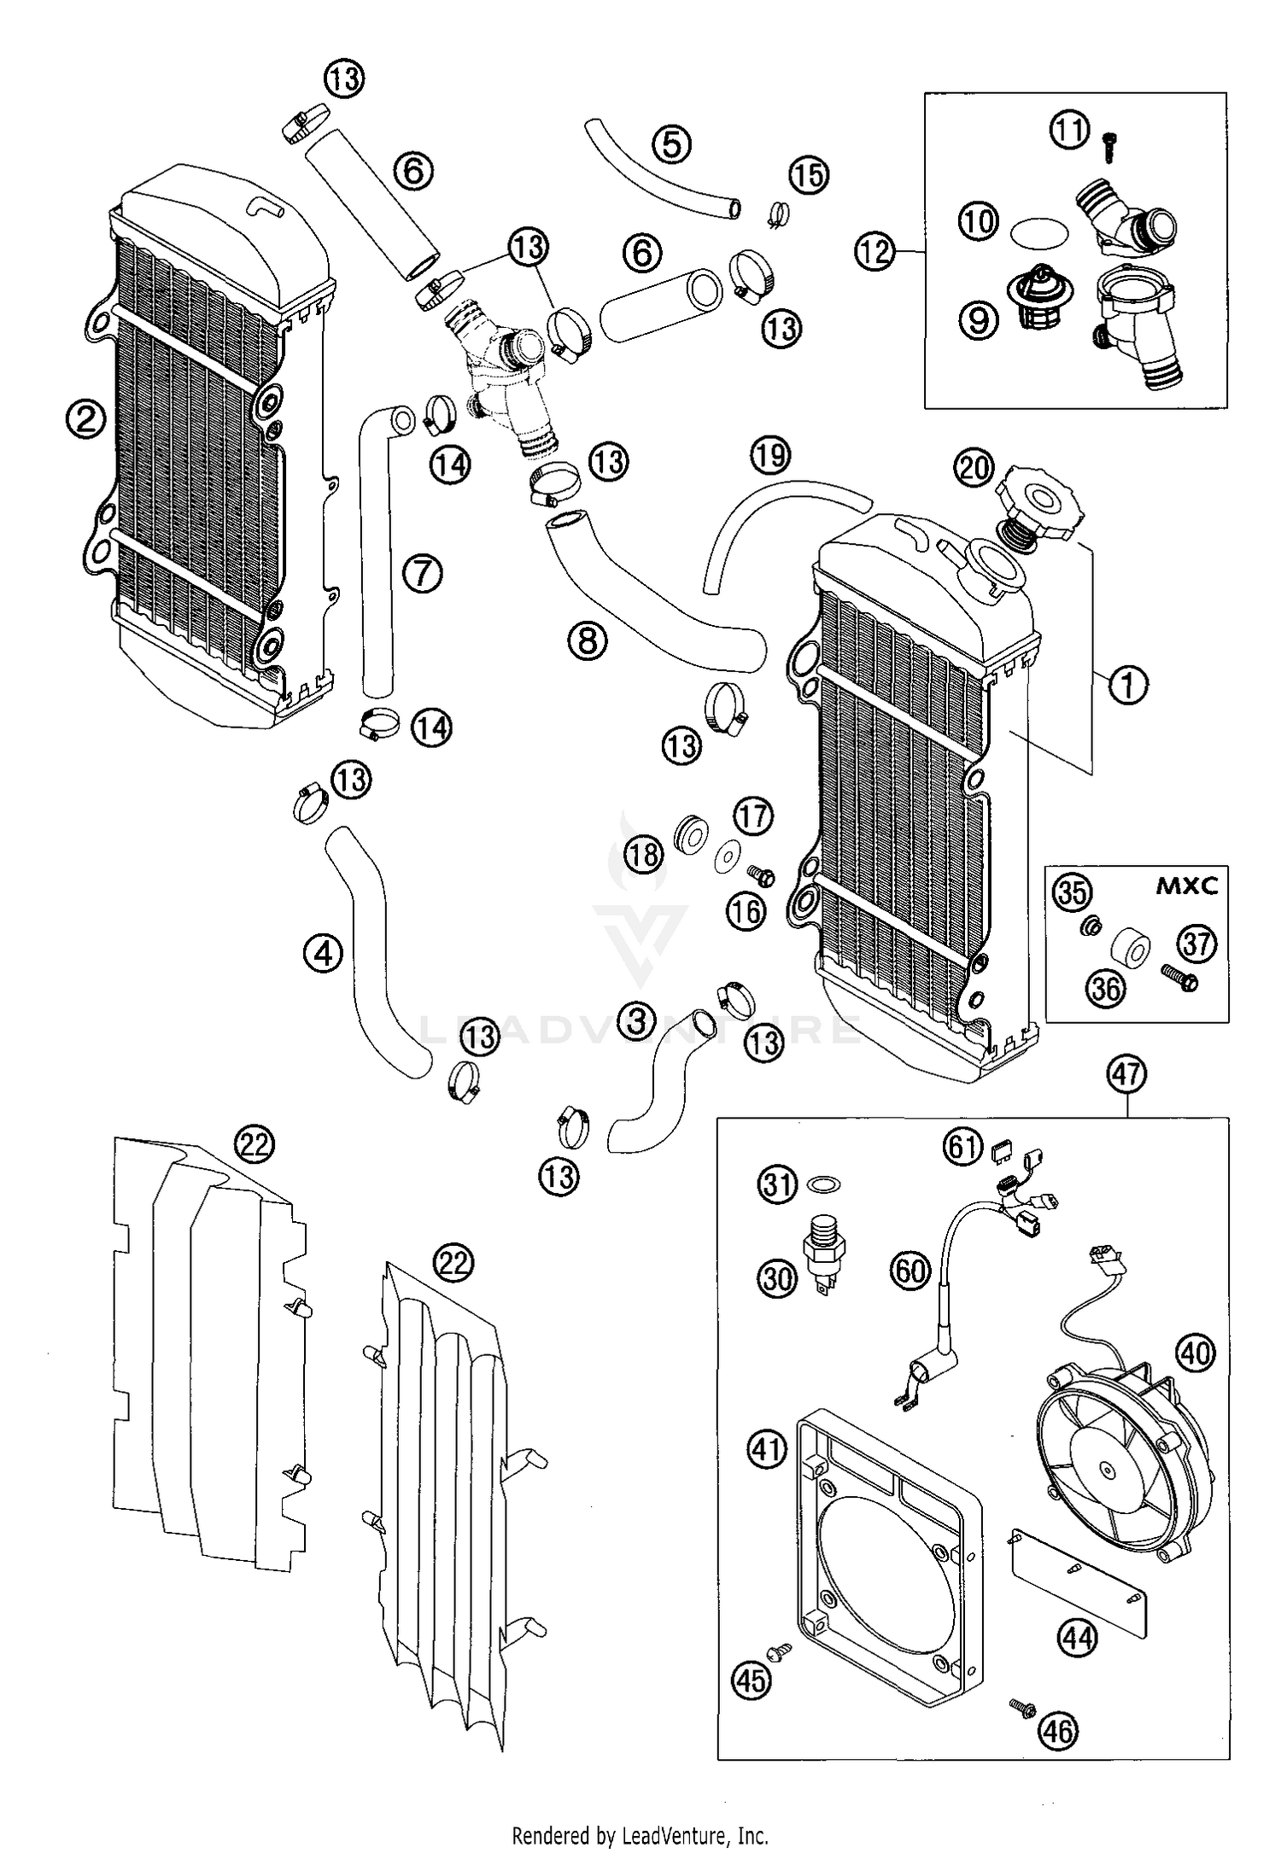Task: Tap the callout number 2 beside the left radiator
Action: tap(88, 419)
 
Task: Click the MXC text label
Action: tap(1186, 886)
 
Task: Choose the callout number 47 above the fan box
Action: tap(1126, 1073)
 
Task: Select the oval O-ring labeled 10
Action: tap(1038, 231)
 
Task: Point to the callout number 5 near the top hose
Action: tap(672, 144)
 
